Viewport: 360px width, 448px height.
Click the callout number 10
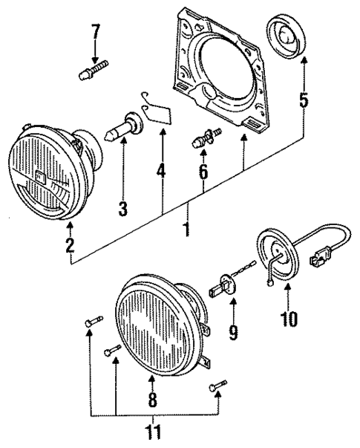[288, 320]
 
